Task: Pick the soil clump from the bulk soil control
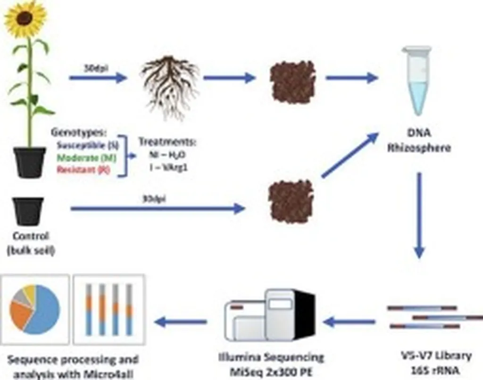click(x=291, y=202)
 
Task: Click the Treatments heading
click(x=167, y=142)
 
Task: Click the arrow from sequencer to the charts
click(x=181, y=322)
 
